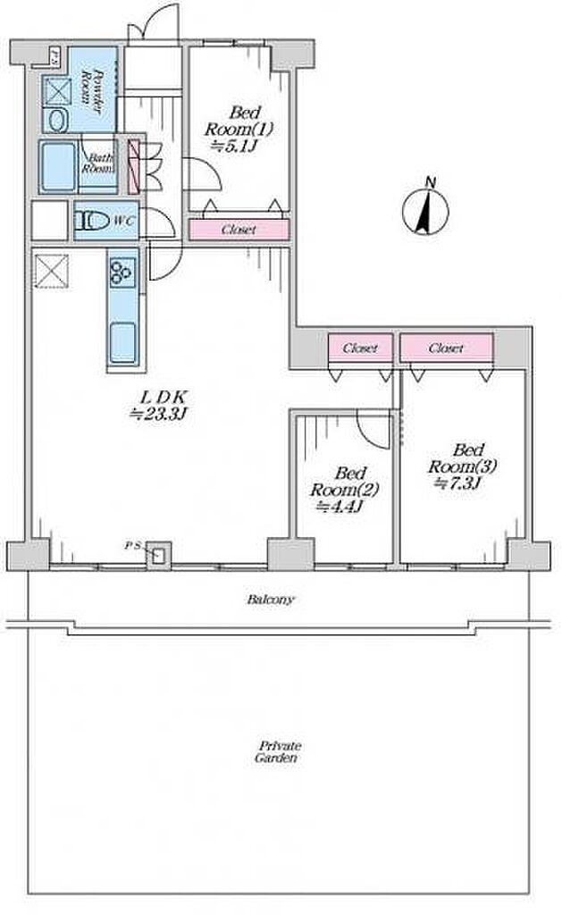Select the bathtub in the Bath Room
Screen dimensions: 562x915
58,167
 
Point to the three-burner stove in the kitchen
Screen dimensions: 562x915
122,271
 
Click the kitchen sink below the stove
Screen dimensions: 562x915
123,342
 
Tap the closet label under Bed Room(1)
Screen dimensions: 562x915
239,230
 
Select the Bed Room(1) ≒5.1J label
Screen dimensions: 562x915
238,129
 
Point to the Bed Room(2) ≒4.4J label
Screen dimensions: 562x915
343,489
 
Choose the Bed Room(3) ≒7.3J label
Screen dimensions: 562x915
462,466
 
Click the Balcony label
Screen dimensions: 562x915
271,600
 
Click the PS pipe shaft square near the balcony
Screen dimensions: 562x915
158,555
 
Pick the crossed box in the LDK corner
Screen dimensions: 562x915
51,272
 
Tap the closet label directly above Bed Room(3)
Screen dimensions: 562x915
446,348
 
